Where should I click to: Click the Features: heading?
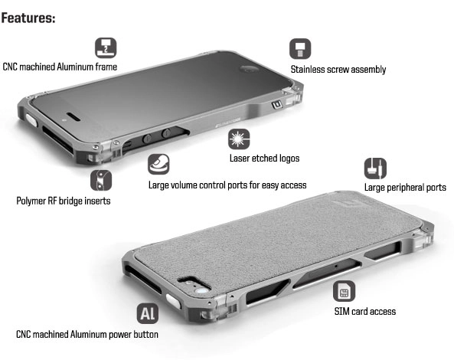pos(28,18)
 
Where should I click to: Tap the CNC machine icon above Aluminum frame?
pos(106,47)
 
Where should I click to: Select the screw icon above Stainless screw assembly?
pos(300,49)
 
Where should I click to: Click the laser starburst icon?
pos(239,139)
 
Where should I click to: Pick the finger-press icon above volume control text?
pos(158,164)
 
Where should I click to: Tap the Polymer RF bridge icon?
pos(101,180)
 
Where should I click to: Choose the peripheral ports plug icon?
pos(375,169)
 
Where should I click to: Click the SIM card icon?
pos(344,291)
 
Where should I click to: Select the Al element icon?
pos(148,313)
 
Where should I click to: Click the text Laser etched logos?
pos(264,159)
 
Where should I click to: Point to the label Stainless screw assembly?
pos(338,70)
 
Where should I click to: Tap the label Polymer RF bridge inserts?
pos(64,201)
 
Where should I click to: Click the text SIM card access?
pos(365,311)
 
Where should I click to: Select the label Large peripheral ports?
pos(405,188)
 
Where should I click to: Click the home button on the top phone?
pos(249,70)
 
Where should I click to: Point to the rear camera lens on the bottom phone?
pos(201,291)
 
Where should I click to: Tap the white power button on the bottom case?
pos(174,301)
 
